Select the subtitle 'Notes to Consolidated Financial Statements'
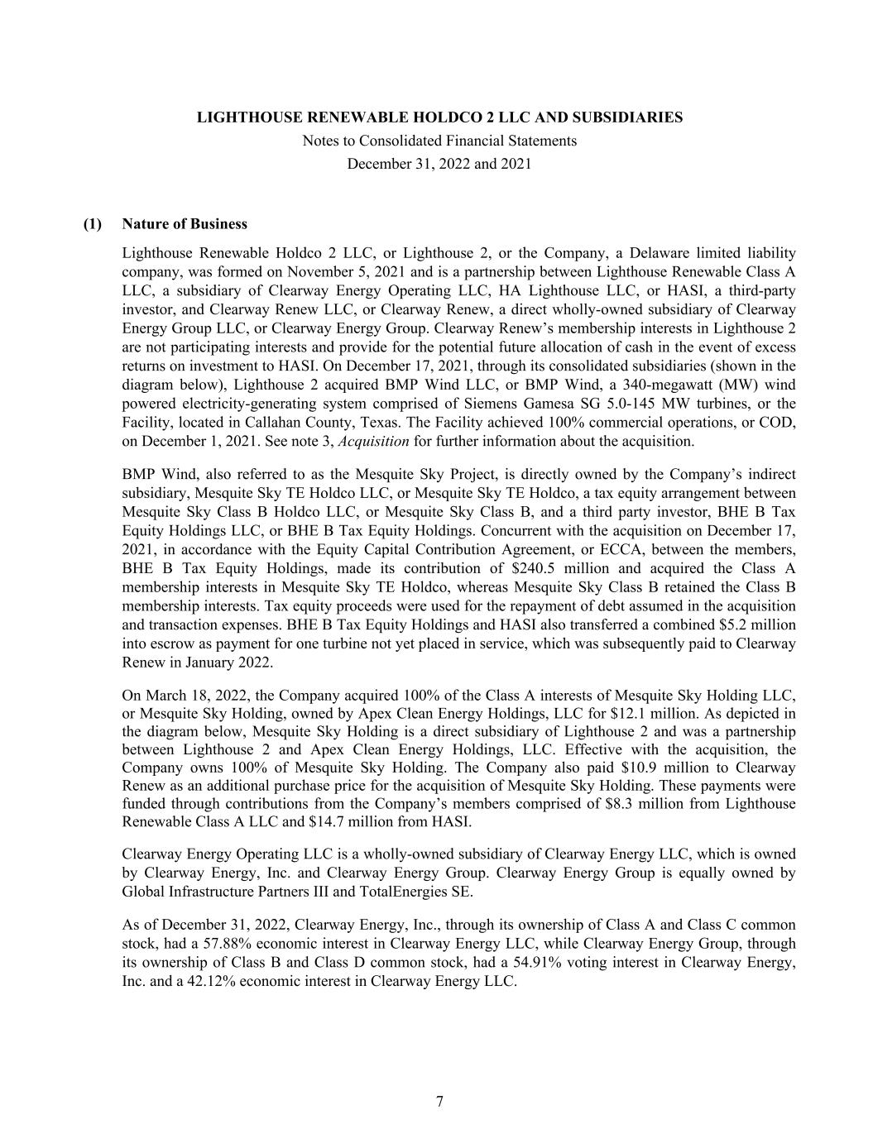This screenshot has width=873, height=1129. [x=439, y=141]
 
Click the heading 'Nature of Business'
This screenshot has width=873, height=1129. [x=184, y=224]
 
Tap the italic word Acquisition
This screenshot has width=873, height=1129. [x=374, y=441]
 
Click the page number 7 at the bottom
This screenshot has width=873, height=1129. [x=439, y=1102]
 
